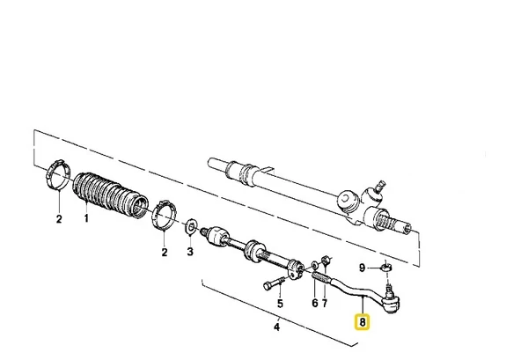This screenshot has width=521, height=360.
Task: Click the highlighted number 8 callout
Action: [x=363, y=322]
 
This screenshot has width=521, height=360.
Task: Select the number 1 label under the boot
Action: [x=86, y=218]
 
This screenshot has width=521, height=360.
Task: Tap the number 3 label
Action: [x=190, y=252]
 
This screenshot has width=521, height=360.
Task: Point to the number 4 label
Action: [x=276, y=327]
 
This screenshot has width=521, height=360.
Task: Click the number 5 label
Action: [x=280, y=304]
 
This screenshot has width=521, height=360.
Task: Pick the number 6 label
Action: [x=315, y=303]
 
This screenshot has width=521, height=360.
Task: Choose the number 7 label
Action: [x=325, y=303]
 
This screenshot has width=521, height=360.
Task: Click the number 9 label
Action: [x=363, y=268]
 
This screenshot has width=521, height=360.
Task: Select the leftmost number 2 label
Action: [x=59, y=219]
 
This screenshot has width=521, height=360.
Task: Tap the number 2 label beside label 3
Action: [x=165, y=253]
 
